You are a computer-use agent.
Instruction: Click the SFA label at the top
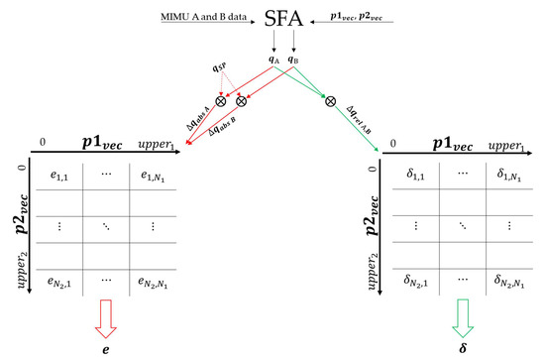click(281, 19)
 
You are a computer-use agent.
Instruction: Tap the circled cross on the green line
click(329, 99)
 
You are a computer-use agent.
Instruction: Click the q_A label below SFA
click(274, 60)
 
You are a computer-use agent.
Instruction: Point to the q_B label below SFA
click(293, 60)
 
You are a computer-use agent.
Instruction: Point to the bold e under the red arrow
click(105, 350)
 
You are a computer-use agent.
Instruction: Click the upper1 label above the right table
click(517, 145)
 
